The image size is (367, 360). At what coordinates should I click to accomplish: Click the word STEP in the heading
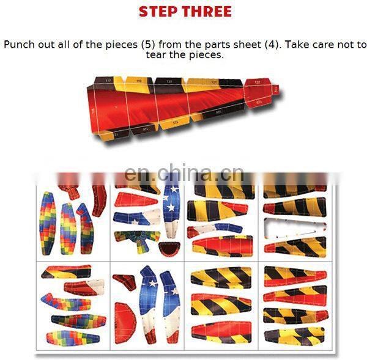click(x=160, y=11)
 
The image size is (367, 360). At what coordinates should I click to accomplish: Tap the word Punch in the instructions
click(x=18, y=45)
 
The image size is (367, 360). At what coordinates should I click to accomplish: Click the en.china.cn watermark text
click(x=183, y=173)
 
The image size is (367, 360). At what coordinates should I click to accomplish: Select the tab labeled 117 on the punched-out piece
click(x=108, y=81)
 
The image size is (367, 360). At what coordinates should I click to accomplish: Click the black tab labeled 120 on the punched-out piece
click(x=168, y=81)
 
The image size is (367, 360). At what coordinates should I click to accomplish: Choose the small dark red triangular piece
click(x=124, y=282)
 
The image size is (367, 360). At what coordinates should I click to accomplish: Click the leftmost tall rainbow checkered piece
click(x=48, y=222)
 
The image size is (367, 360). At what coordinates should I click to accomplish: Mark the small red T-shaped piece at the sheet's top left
click(x=69, y=191)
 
